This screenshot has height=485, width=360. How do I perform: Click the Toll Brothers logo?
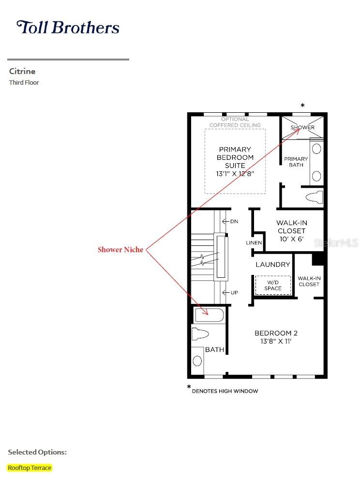pyautogui.click(x=68, y=28)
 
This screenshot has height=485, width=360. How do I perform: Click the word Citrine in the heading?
pyautogui.click(x=22, y=71)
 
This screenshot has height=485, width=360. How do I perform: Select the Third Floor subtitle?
pyautogui.click(x=24, y=83)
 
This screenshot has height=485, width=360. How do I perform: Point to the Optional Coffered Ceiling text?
pyautogui.click(x=235, y=122)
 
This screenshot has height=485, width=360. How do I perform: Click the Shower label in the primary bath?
pyautogui.click(x=302, y=128)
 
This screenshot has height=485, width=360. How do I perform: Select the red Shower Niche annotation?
pyautogui.click(x=120, y=250)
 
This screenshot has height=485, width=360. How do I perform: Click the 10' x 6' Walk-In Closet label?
pyautogui.click(x=291, y=231)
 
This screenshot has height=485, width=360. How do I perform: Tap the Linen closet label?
pyautogui.click(x=254, y=243)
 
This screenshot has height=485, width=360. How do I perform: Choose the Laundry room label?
pyautogui.click(x=273, y=265)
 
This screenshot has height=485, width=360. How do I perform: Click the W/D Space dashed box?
pyautogui.click(x=273, y=285)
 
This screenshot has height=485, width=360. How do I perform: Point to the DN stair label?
pyautogui.click(x=234, y=222)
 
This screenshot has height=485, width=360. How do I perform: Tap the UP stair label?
pyautogui.click(x=234, y=293)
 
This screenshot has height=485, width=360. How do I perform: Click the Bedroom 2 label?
pyautogui.click(x=276, y=337)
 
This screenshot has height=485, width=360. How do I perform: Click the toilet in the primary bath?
pyautogui.click(x=315, y=197)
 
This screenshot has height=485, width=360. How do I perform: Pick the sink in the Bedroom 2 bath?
pyautogui.click(x=197, y=361)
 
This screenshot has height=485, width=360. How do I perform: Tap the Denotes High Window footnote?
pyautogui.click(x=225, y=391)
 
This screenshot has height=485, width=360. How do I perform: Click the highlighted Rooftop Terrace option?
pyautogui.click(x=30, y=468)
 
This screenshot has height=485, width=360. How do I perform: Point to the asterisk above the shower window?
pyautogui.click(x=303, y=106)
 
